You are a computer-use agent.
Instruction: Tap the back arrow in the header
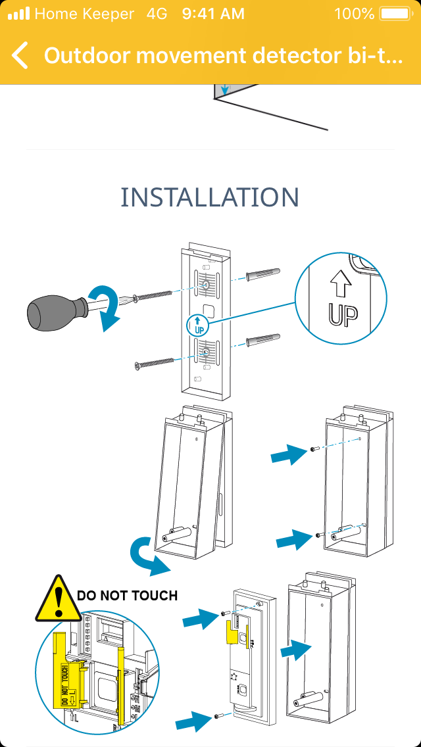[20, 56]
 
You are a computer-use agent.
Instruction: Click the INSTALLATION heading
[210, 197]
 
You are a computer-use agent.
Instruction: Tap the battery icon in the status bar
[394, 14]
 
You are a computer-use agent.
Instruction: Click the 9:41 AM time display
[213, 14]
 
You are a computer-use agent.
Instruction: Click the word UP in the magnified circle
[343, 315]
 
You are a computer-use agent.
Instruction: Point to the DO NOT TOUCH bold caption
[128, 596]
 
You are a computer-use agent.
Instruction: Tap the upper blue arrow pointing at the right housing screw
[289, 454]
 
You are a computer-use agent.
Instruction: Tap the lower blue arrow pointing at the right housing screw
[293, 541]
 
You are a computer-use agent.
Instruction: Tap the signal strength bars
[19, 14]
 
